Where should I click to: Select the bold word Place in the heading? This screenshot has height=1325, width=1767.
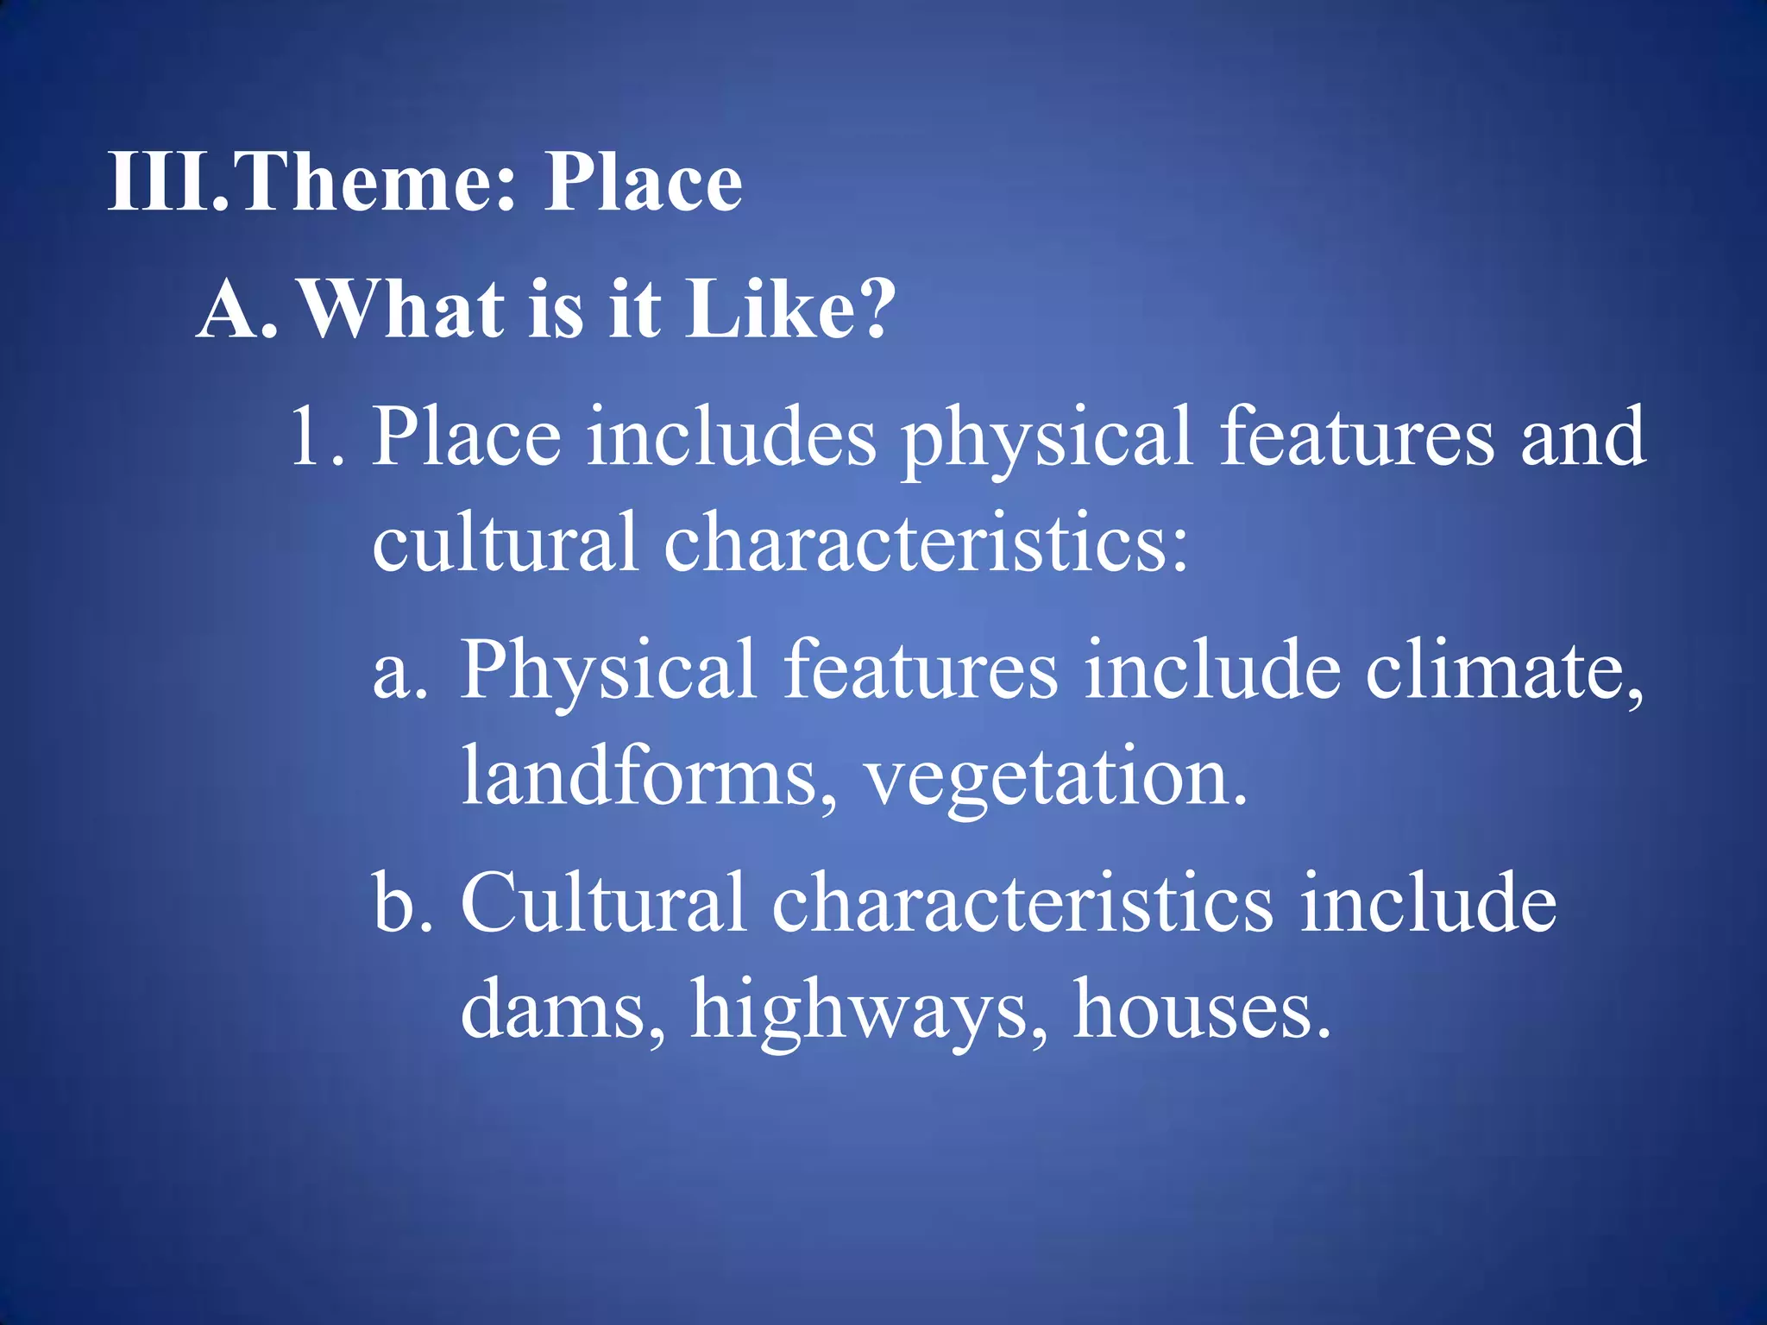pos(643,182)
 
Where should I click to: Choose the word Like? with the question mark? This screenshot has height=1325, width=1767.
pos(789,310)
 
